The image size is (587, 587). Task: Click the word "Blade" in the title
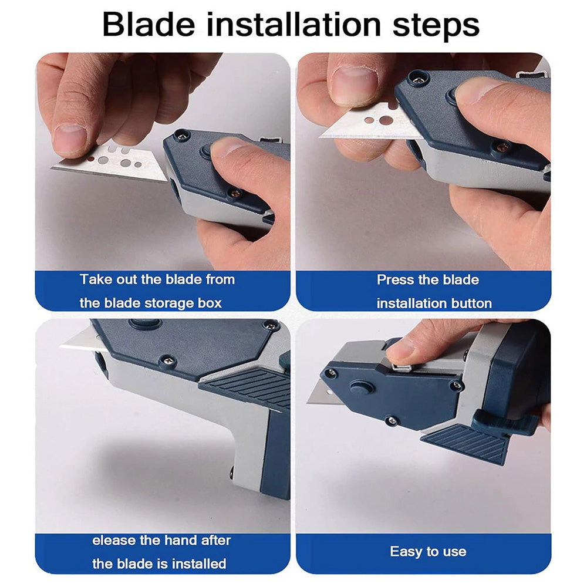149,25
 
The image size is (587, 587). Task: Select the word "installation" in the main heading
294,25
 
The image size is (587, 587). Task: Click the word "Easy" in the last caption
404,552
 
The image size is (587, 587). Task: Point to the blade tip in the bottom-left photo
60,347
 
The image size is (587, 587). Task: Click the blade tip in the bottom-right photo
308,403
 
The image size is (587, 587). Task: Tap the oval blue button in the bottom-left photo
145,323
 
